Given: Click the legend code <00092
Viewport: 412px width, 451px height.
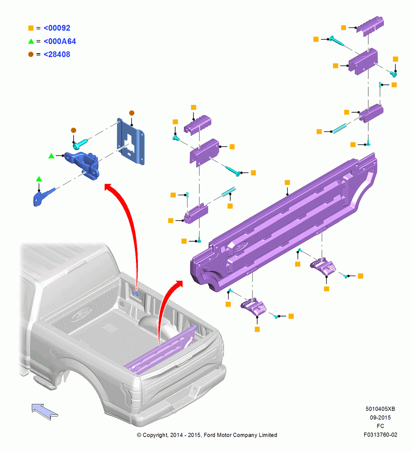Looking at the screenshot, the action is pyautogui.click(x=57, y=28).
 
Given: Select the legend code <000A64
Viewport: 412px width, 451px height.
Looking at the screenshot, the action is pyautogui.click(x=60, y=41).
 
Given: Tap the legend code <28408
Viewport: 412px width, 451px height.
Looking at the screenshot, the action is pyautogui.click(x=57, y=55).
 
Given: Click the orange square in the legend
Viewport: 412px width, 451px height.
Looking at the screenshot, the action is pyautogui.click(x=31, y=28).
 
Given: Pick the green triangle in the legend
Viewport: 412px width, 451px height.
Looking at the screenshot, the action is pyautogui.click(x=31, y=41).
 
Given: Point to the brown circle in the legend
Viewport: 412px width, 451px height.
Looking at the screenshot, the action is pyautogui.click(x=31, y=55).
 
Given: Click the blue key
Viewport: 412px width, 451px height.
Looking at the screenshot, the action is pyautogui.click(x=43, y=197).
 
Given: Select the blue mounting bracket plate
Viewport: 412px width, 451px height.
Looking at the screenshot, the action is pyautogui.click(x=131, y=141).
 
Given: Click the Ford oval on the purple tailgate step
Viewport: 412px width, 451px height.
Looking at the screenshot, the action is pyautogui.click(x=241, y=247).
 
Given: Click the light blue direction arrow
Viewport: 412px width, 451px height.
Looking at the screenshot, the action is pyautogui.click(x=45, y=412).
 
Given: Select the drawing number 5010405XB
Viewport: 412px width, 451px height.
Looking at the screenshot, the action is pyautogui.click(x=380, y=409).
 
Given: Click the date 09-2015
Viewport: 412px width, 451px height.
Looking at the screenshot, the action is pyautogui.click(x=380, y=417).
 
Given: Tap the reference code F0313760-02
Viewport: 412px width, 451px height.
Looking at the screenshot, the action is pyautogui.click(x=380, y=435).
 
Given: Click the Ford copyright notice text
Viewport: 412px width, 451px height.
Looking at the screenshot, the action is pyautogui.click(x=207, y=435).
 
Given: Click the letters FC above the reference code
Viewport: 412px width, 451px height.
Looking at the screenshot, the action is pyautogui.click(x=380, y=426).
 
